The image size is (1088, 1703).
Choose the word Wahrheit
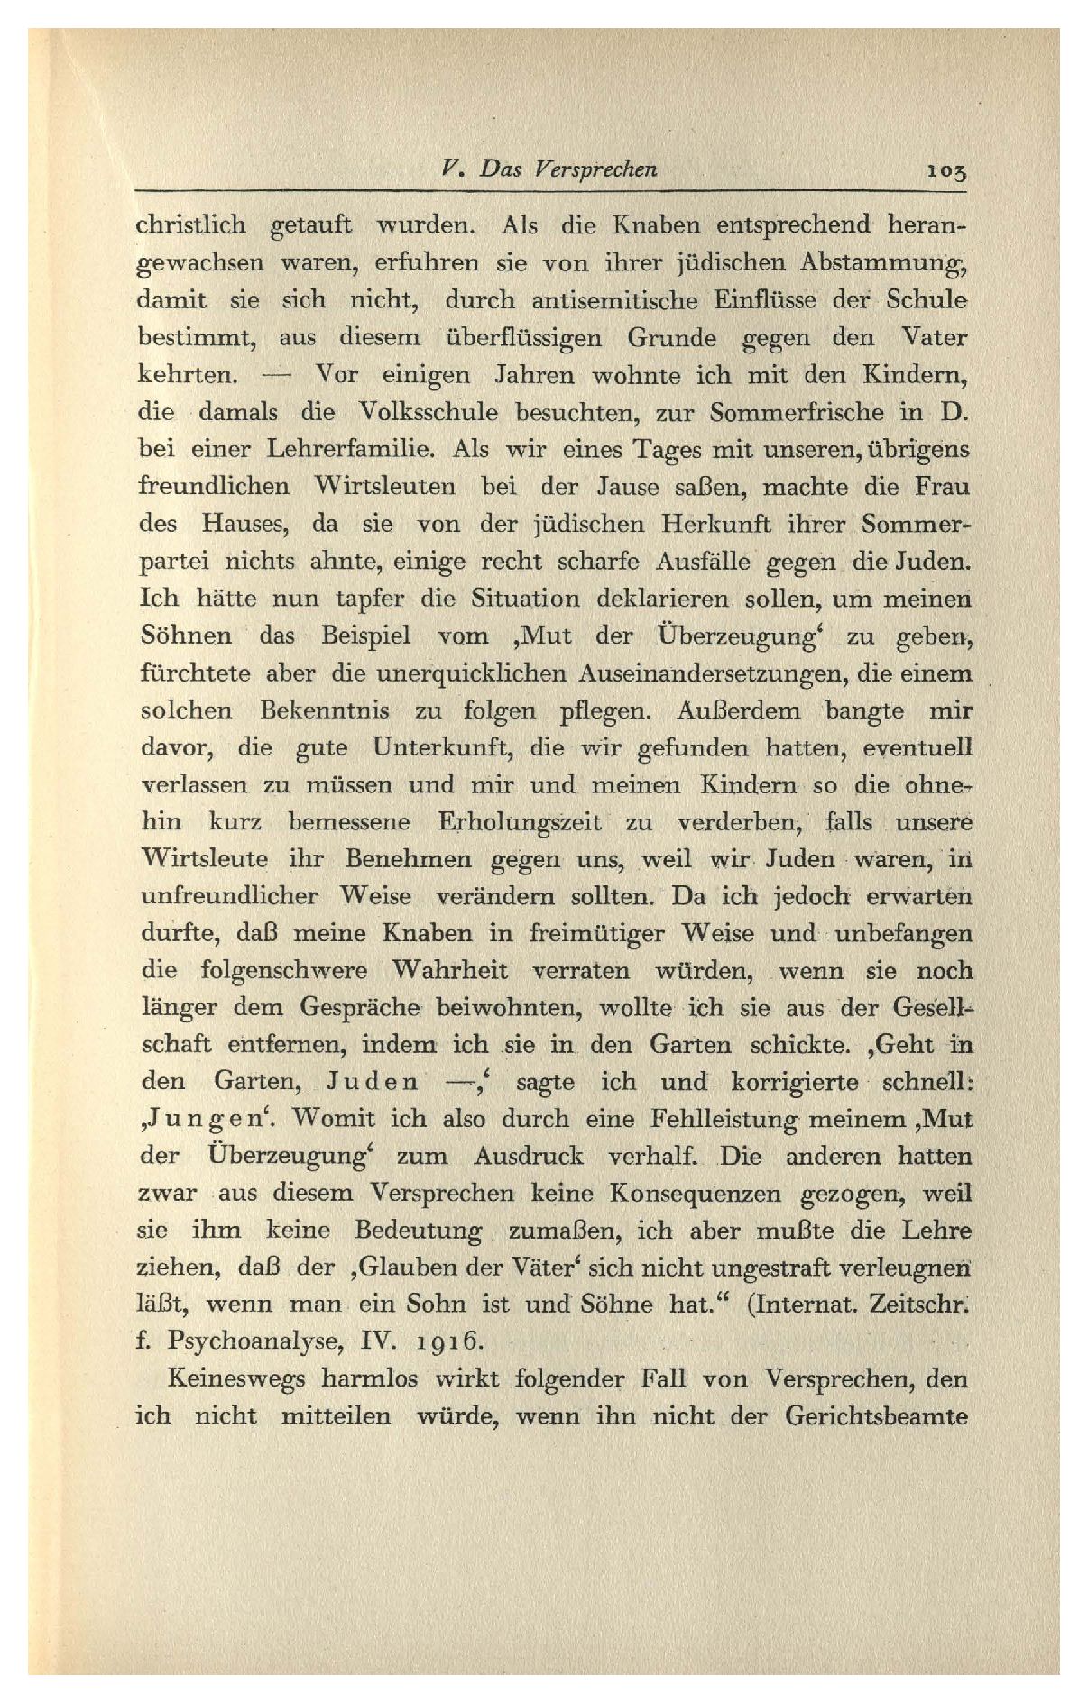click(450, 971)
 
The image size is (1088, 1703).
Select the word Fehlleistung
click(722, 1119)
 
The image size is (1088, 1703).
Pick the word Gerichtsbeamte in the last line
click(875, 1415)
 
